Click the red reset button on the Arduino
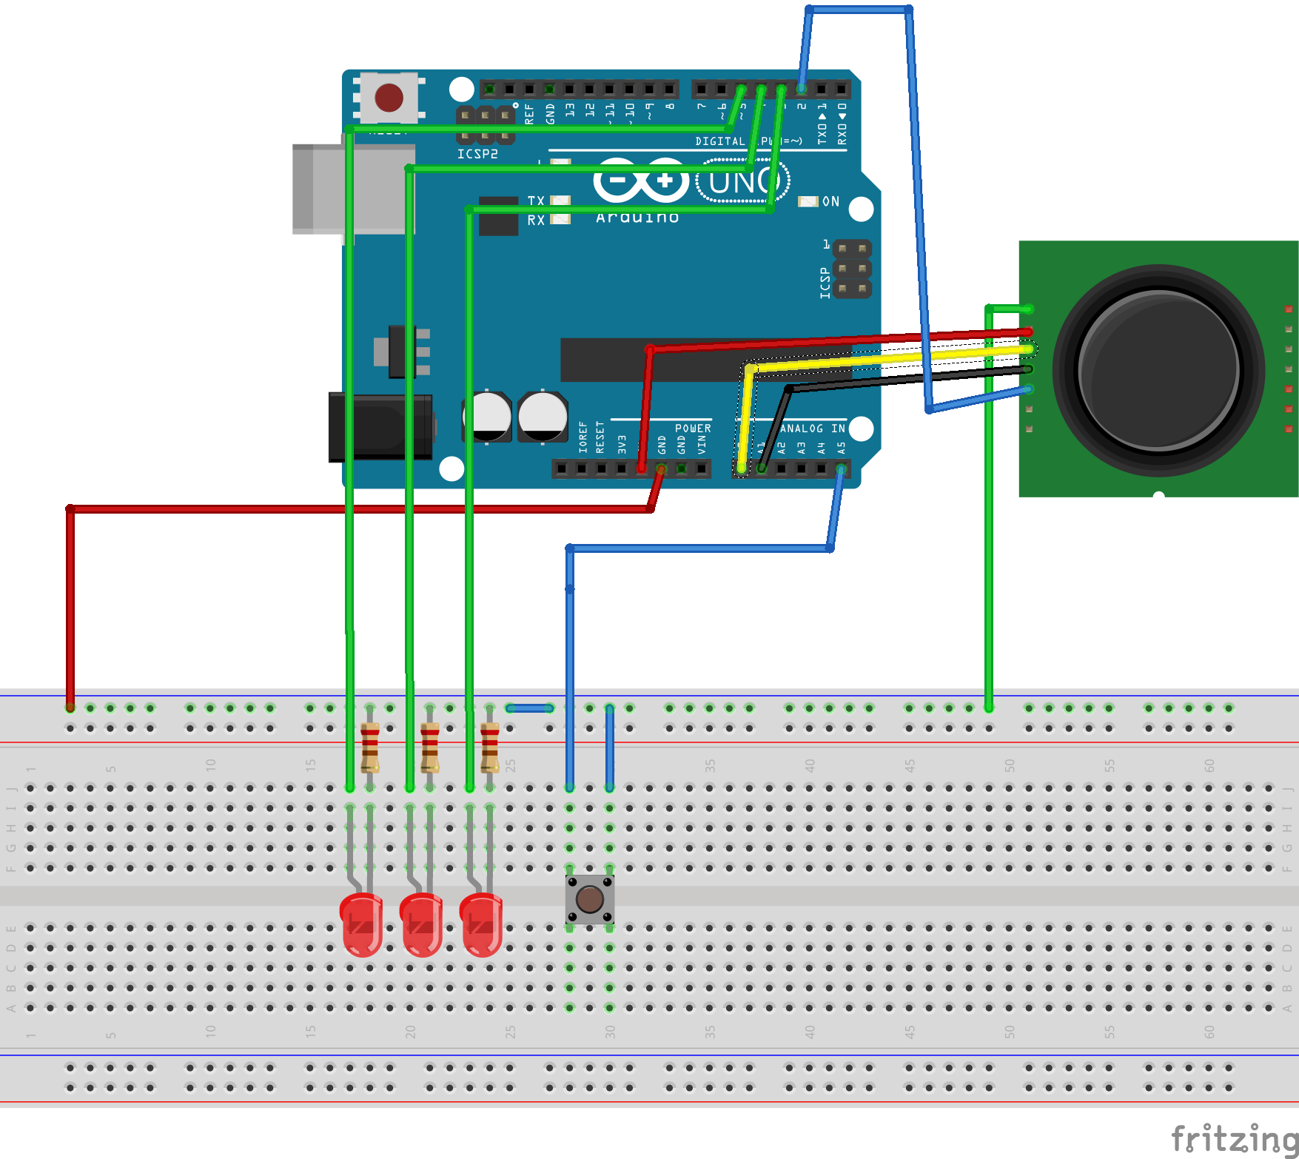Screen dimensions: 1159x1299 389,98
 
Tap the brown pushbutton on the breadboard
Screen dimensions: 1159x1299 589,899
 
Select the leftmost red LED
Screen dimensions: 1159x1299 361,924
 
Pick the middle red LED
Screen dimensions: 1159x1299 421,924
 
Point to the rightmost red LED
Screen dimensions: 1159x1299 481,924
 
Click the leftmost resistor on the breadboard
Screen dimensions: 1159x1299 370,748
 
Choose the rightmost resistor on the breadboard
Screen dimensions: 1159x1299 490,748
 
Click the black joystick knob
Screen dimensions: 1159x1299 1158,370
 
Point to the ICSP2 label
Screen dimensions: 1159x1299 477,154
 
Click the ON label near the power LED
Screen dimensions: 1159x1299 831,201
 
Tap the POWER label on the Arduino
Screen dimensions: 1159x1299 693,429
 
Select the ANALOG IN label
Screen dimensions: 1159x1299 813,429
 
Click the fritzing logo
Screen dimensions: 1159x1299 1233,1138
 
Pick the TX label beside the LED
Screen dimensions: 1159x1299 536,201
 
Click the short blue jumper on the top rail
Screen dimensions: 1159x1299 530,708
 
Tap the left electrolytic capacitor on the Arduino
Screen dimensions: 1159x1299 488,416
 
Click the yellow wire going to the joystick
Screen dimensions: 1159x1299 888,358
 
